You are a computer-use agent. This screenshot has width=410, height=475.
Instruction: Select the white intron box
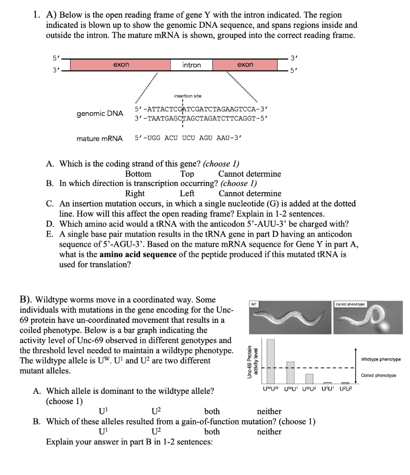[x=192, y=65]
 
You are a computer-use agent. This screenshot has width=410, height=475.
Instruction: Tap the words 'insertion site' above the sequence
[x=187, y=96]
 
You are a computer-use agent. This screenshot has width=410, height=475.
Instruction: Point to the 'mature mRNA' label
[x=100, y=138]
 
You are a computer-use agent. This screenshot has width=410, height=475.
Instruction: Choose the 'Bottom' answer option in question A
[x=138, y=174]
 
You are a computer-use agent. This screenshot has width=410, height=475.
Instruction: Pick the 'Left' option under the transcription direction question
[x=187, y=193]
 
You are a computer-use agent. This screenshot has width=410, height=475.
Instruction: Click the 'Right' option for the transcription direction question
[x=135, y=193]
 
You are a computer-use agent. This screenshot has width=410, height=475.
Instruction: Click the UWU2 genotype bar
[x=309, y=379]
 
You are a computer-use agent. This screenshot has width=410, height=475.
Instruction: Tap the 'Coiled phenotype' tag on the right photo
[x=351, y=304]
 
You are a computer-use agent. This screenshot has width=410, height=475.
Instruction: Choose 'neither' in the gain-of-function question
[x=269, y=431]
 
